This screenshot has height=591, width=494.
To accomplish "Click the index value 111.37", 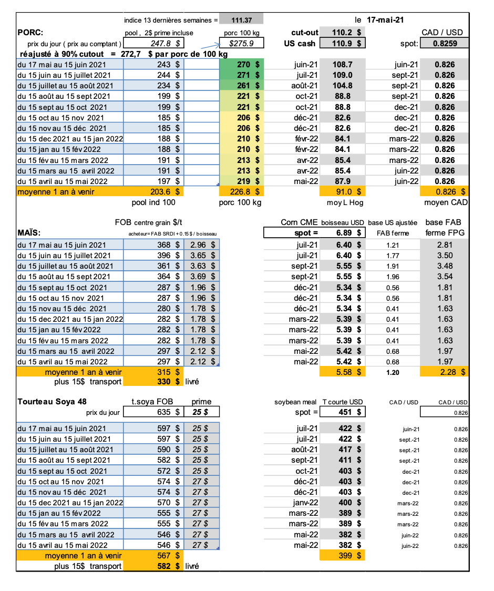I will (x=241, y=20).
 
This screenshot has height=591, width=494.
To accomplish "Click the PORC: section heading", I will (x=30, y=32).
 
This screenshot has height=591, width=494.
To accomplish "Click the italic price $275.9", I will (x=241, y=44).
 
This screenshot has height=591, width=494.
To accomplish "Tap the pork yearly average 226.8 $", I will (x=241, y=192).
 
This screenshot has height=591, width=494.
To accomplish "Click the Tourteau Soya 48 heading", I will (x=52, y=402).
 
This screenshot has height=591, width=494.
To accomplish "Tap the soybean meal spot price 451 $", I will (x=347, y=412).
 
